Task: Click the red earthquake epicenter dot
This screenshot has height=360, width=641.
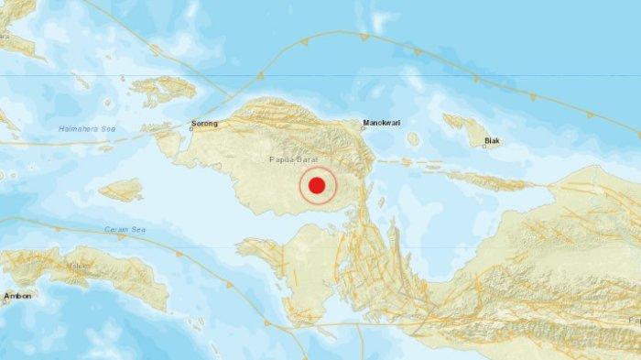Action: coord(317,186)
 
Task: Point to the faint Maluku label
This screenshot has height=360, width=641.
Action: coord(74,267)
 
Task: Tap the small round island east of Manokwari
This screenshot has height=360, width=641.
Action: coord(413,140)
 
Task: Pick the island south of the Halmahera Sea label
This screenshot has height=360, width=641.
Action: coord(121,190)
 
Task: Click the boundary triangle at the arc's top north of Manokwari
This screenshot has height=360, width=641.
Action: coord(364,37)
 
